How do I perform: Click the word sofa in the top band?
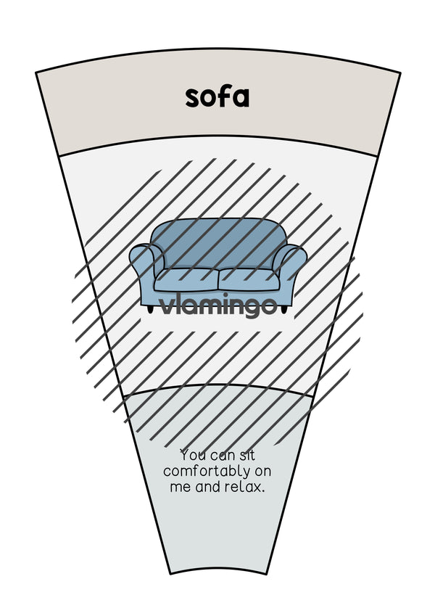coord(217,96)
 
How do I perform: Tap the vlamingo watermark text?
coord(218,305)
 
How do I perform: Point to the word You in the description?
coord(193,456)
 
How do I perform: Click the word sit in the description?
coord(246,456)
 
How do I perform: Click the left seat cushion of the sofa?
coord(186,280)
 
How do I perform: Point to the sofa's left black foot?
coord(150,310)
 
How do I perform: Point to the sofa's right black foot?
coord(285,310)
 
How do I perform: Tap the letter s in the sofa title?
coord(192,99)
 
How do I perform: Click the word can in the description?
coord(223,456)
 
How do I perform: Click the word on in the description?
coord(262,472)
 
